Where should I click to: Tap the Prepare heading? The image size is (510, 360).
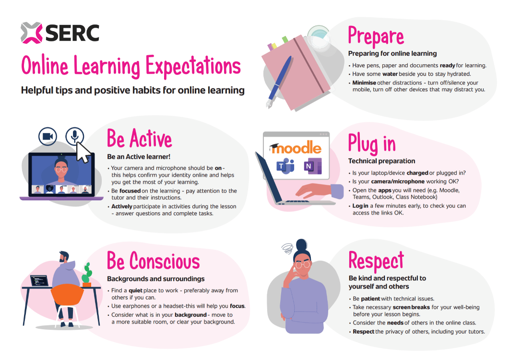click(376, 36)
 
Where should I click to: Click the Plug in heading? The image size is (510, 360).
click(372, 143)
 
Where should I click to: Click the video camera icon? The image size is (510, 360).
click(48, 137)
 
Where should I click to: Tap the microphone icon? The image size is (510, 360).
click(74, 137)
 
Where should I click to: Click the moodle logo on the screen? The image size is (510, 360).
click(296, 148)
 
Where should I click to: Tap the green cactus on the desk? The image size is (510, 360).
click(87, 274)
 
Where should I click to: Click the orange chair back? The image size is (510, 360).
click(68, 293)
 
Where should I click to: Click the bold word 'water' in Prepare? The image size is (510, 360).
click(390, 74)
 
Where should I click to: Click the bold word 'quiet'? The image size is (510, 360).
click(136, 290)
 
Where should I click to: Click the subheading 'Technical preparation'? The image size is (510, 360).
click(382, 161)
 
